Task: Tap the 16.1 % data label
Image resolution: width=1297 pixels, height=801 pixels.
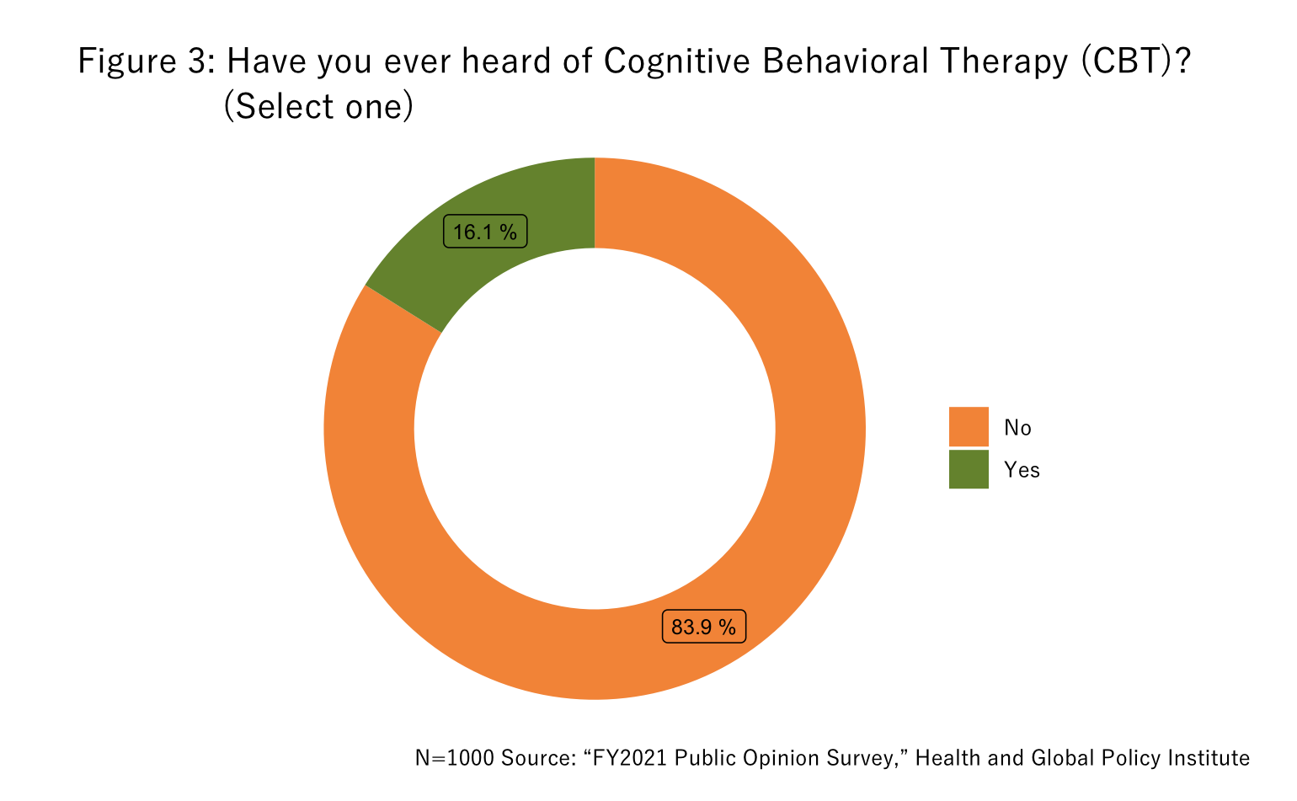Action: [485, 232]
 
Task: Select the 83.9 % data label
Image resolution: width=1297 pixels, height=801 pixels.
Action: [703, 626]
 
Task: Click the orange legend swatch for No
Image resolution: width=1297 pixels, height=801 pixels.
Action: [969, 426]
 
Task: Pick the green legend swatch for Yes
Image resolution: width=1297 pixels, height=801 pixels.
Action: [969, 469]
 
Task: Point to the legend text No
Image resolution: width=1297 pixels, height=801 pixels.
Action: [1017, 428]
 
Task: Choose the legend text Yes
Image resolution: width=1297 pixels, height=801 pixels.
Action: [1022, 470]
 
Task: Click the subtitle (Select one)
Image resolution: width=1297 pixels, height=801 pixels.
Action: [318, 107]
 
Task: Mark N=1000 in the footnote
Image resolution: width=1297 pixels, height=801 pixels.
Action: [455, 758]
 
